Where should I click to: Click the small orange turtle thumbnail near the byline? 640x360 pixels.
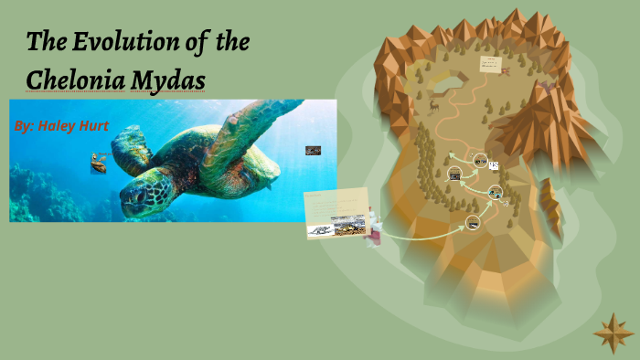coord(97,164)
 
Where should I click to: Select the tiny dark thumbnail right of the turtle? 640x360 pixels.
coord(313,150)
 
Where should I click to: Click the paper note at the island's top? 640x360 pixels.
coord(492,64)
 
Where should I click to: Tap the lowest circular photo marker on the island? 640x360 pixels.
coord(474,222)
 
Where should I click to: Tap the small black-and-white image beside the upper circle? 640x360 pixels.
coord(495,165)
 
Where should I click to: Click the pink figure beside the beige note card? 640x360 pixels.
coord(373,236)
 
